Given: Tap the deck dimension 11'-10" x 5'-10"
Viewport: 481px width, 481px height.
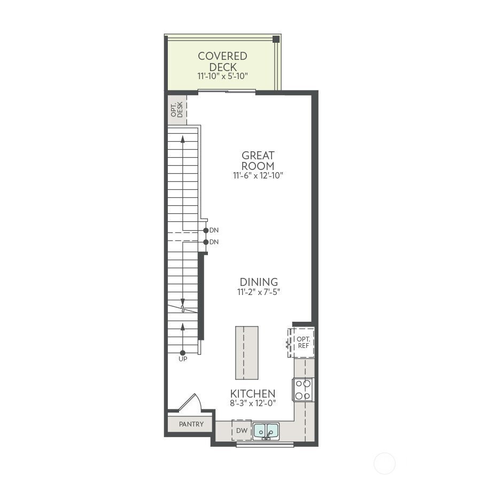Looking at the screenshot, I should point(222,76).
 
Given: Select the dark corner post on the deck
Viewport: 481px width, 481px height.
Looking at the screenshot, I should point(276,39).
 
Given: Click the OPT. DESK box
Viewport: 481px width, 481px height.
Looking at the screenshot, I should point(177,110).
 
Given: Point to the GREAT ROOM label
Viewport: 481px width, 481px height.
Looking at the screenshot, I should point(258,160).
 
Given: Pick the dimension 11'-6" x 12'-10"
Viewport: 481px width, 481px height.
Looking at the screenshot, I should point(258,175).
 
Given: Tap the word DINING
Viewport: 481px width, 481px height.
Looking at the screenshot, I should point(259,282).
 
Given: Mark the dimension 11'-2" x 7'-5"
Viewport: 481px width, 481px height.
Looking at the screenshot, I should point(259,292).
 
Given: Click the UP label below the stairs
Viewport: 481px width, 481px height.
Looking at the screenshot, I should point(183,359).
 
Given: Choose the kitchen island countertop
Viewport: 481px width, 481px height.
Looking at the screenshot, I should point(246,353).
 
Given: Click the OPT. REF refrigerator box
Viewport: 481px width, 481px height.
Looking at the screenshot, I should point(303,343).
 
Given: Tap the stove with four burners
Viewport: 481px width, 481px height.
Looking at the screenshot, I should point(302,390).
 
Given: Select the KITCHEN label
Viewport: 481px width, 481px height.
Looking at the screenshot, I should point(253,394).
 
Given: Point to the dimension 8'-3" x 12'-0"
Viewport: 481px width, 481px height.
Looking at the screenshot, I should point(253,404).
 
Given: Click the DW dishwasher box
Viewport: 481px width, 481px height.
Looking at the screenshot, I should point(242,430).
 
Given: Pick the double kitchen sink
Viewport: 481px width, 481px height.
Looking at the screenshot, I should point(266,430).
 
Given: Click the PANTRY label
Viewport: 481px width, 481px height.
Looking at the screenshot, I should point(191,424).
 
